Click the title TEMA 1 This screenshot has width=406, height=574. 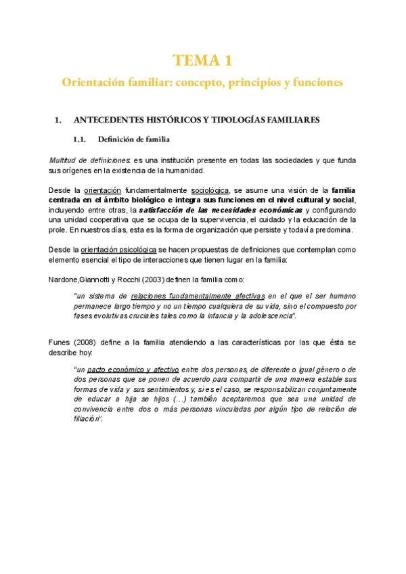[x=202, y=61]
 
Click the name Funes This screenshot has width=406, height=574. [x=62, y=343]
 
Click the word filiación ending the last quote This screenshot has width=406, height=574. [x=86, y=419]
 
